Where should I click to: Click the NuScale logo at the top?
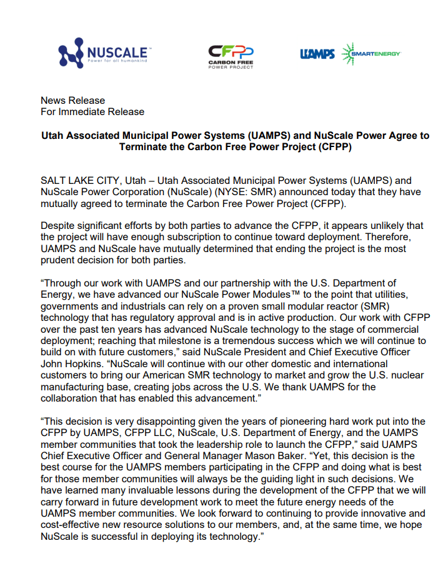click(x=103, y=53)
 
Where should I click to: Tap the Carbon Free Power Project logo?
click(x=231, y=56)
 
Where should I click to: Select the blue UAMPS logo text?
click(x=317, y=54)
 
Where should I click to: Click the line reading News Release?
click(x=73, y=100)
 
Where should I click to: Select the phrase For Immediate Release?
click(x=92, y=112)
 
